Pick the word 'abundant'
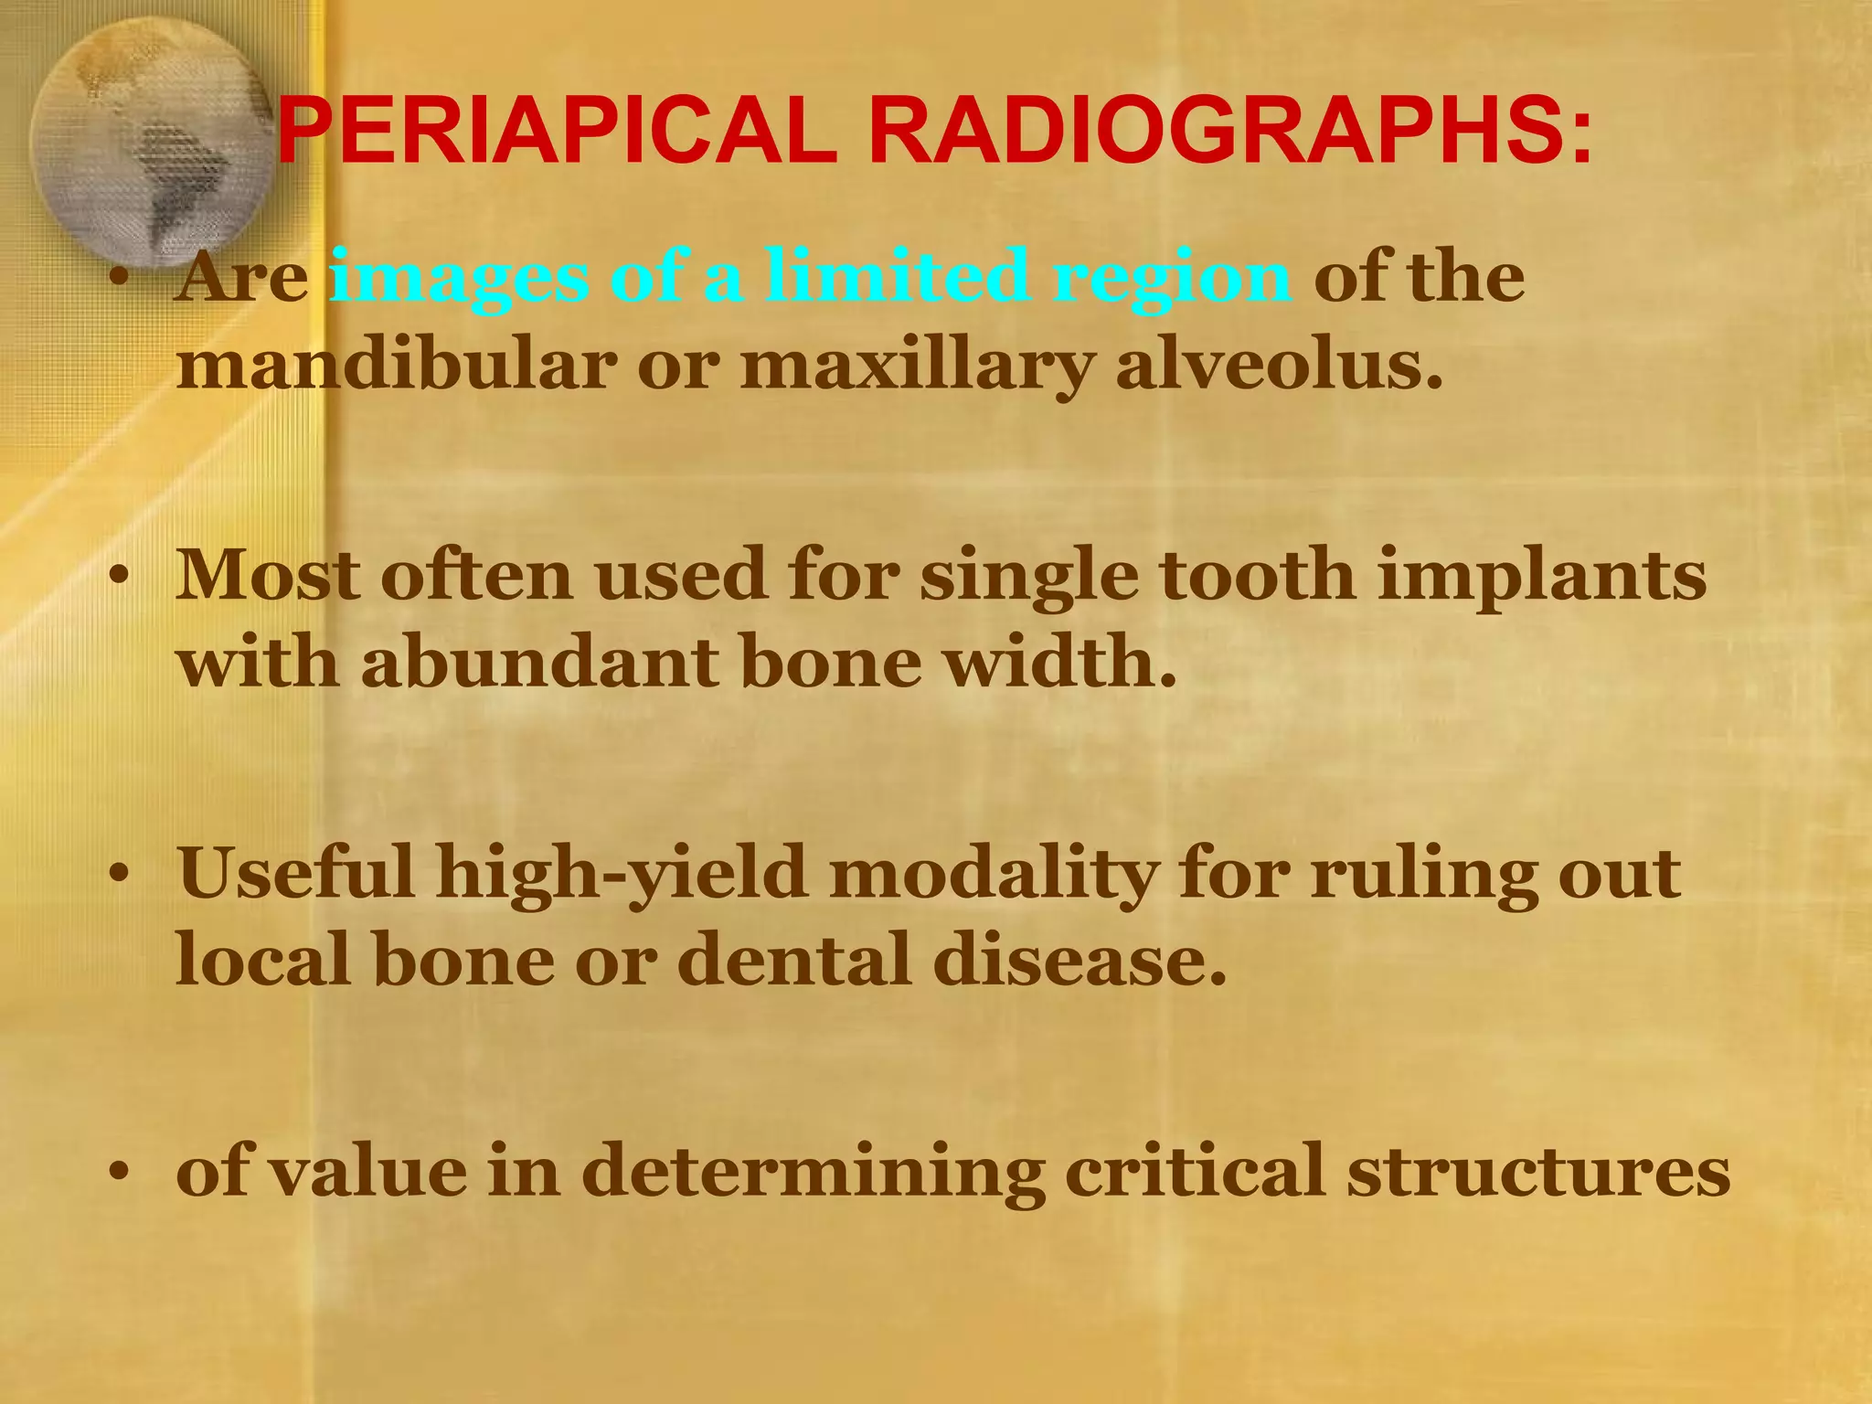coord(516,662)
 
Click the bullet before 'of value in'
coord(116,1174)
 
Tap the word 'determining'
coord(813,1173)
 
